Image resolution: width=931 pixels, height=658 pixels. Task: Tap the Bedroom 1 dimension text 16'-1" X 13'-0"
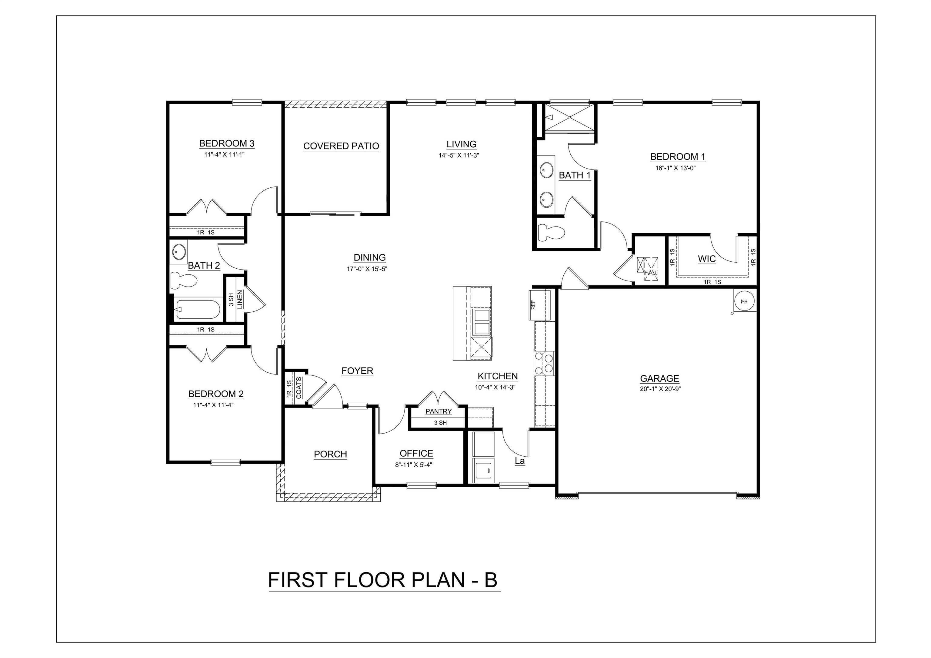[x=676, y=168]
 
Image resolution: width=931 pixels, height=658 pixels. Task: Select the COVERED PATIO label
[x=341, y=146]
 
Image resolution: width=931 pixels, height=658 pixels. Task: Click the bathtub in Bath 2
[x=198, y=310]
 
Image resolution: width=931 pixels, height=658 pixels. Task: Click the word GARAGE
[x=659, y=378]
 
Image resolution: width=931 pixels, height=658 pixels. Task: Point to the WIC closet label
[x=707, y=259]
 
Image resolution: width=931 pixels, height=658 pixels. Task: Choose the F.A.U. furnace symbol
[x=648, y=269]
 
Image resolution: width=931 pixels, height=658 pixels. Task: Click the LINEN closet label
[x=240, y=299]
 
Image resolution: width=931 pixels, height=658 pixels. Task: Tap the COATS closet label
[x=299, y=388]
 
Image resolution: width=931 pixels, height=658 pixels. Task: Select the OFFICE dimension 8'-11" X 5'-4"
[x=414, y=465]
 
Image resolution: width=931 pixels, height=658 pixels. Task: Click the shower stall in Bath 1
[x=569, y=117]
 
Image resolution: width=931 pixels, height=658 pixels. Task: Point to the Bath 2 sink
[x=179, y=252]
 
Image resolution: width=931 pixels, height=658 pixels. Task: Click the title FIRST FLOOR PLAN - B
[x=382, y=580]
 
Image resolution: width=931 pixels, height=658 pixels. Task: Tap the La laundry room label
[x=519, y=461]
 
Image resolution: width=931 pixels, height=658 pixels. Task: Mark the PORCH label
[x=330, y=454]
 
